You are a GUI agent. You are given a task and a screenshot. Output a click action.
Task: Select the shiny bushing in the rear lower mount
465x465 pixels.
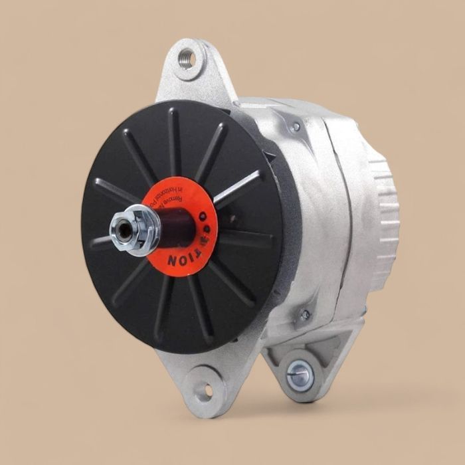(300, 375)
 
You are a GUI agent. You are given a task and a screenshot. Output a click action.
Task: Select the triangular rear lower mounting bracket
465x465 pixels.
(312, 355)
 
